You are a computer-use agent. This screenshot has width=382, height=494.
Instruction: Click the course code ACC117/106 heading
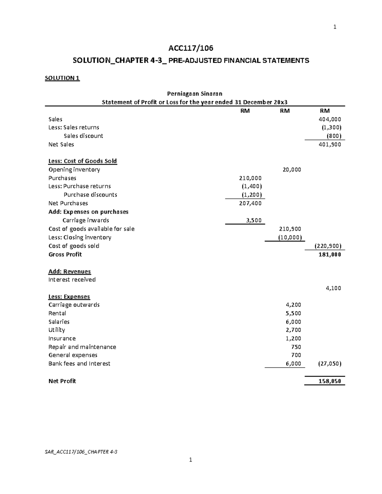pyautogui.click(x=191, y=48)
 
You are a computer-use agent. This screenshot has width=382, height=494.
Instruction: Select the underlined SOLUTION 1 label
pyautogui.click(x=62, y=78)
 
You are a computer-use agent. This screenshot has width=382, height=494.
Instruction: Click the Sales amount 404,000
pyautogui.click(x=330, y=119)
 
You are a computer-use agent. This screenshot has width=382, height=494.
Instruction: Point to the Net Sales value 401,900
pyautogui.click(x=330, y=144)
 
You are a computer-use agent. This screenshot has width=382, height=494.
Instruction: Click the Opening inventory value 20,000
pyautogui.click(x=292, y=170)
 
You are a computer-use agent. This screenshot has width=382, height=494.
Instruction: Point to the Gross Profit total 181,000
pyautogui.click(x=330, y=254)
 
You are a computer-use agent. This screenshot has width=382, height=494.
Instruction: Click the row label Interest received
pyautogui.click(x=72, y=280)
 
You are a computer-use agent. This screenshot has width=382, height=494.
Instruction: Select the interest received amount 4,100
pyautogui.click(x=334, y=288)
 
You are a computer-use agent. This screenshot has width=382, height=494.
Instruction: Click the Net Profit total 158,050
pyautogui.click(x=330, y=381)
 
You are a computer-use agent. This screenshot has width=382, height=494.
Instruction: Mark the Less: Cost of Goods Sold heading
pyautogui.click(x=82, y=161)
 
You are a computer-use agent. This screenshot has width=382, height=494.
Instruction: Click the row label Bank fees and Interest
pyautogui.click(x=79, y=364)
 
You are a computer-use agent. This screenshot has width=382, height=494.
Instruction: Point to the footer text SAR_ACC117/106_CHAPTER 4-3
pyautogui.click(x=81, y=452)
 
